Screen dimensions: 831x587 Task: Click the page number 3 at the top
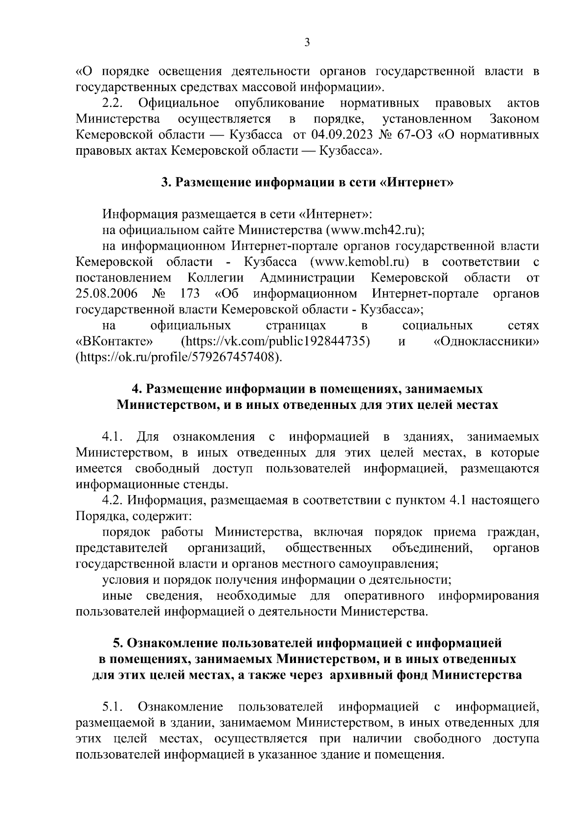click(307, 43)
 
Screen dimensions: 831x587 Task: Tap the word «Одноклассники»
click(486, 341)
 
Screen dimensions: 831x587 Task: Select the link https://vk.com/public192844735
click(275, 341)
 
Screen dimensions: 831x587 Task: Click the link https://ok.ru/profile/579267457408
click(179, 357)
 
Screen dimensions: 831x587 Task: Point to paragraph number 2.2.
click(113, 103)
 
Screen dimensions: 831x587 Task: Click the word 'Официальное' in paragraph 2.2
click(179, 103)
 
